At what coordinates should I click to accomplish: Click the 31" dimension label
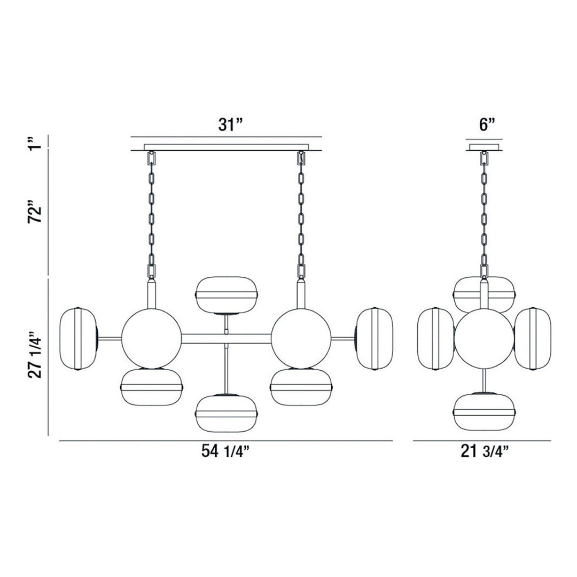(230, 125)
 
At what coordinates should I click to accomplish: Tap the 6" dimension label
(487, 125)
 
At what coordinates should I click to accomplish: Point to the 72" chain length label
(36, 214)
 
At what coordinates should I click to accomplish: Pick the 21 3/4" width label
(484, 452)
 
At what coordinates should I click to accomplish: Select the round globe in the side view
(484, 338)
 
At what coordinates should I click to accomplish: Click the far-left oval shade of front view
(78, 339)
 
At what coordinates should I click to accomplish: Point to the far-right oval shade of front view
(374, 339)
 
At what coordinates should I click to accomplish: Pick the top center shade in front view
(227, 294)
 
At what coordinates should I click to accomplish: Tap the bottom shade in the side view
(484, 411)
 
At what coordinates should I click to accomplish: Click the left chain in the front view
(151, 214)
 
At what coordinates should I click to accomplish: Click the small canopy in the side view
(484, 146)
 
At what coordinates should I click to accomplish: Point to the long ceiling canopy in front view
(227, 147)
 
